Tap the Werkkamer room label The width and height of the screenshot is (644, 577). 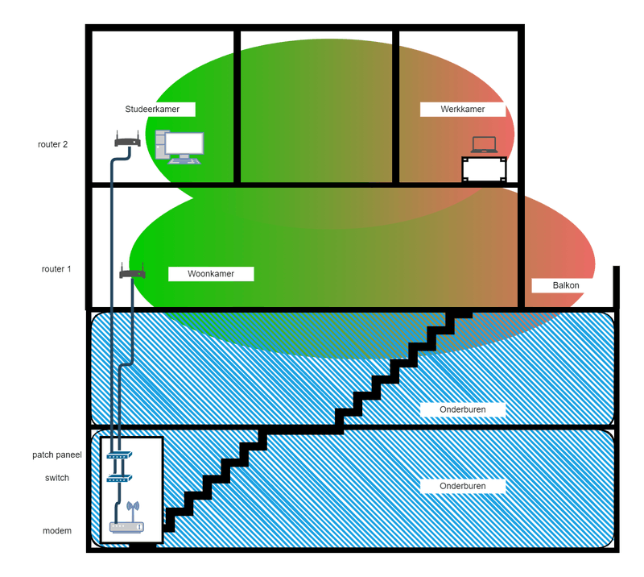coord(463,109)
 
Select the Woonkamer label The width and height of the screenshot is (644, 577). coord(211,274)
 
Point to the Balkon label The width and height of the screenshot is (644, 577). coord(566,285)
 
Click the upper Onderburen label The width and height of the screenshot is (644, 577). coord(463,409)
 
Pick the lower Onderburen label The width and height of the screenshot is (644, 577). coord(463,486)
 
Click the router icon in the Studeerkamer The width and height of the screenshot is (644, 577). coord(128,140)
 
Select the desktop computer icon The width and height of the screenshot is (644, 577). coord(180,146)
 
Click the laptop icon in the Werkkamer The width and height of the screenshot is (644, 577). coord(485,145)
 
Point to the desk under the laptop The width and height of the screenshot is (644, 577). coord(485,168)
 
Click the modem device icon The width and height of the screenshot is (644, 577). coord(126,528)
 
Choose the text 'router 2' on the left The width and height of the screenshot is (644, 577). coord(53,145)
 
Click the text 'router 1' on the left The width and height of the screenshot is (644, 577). coord(56,269)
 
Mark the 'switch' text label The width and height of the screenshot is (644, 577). coord(57,478)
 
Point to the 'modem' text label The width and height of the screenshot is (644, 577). coord(57,531)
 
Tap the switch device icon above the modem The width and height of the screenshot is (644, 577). coord(118,478)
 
